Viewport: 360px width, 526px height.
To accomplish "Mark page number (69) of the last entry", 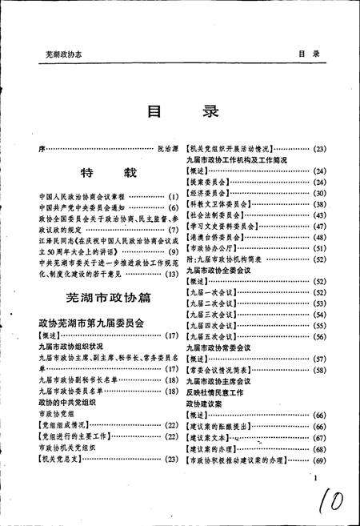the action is [318, 460].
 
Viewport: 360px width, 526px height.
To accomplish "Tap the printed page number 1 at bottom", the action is [317, 479].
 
